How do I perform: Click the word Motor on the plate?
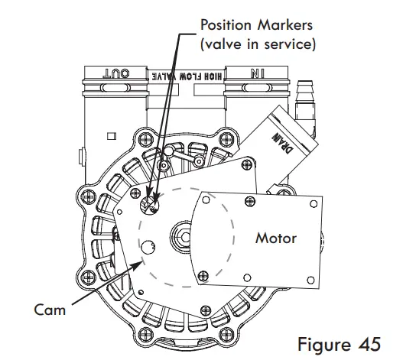276,238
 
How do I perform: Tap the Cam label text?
50,310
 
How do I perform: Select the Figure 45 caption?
339,344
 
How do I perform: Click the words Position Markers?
256,25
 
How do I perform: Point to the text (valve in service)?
258,44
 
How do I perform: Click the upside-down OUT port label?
116,73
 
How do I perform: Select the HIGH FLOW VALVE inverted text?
187,76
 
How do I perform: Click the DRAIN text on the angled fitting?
283,143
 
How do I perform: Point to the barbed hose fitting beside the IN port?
305,100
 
